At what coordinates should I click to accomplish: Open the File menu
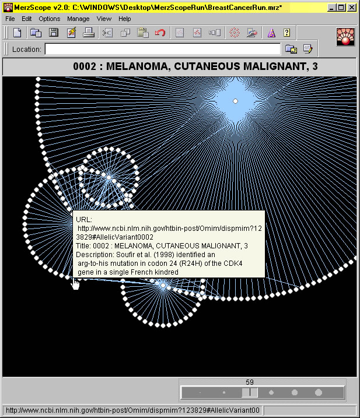click(x=10, y=19)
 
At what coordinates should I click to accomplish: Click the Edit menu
click(x=27, y=19)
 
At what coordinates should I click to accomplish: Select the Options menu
click(x=50, y=19)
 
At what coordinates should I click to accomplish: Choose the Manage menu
click(x=78, y=19)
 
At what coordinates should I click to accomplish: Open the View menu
click(x=104, y=19)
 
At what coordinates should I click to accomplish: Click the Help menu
click(x=125, y=19)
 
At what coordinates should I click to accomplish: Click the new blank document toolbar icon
click(x=18, y=33)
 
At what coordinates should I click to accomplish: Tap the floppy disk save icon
click(x=54, y=33)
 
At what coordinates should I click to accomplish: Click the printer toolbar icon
click(x=89, y=33)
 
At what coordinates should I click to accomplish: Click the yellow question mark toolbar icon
click(x=286, y=33)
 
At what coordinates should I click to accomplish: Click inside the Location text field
click(x=163, y=50)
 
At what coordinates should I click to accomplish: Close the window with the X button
click(x=352, y=8)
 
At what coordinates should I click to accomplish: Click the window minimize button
click(x=332, y=8)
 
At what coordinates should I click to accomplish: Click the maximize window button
click(x=341, y=8)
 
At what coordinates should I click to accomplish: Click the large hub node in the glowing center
click(x=235, y=101)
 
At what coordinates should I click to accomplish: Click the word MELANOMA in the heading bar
click(x=138, y=66)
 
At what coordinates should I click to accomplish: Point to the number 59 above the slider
click(x=250, y=382)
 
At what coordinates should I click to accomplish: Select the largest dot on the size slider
click(x=319, y=392)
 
